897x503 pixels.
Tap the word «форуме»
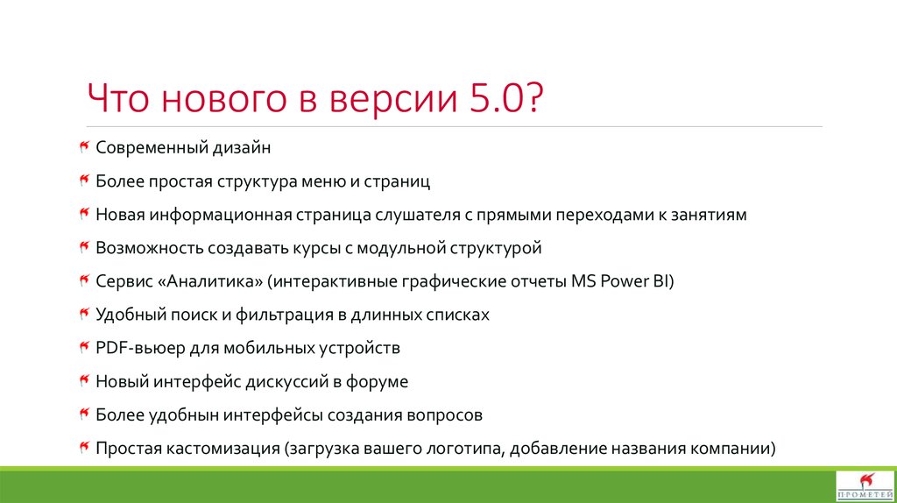(378, 381)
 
